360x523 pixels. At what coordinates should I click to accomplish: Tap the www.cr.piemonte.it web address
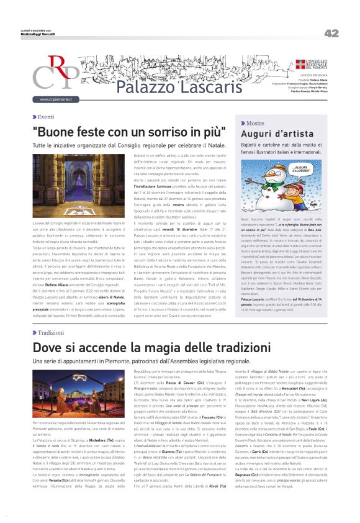coord(56,99)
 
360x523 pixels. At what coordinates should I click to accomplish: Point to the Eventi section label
coord(45,117)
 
